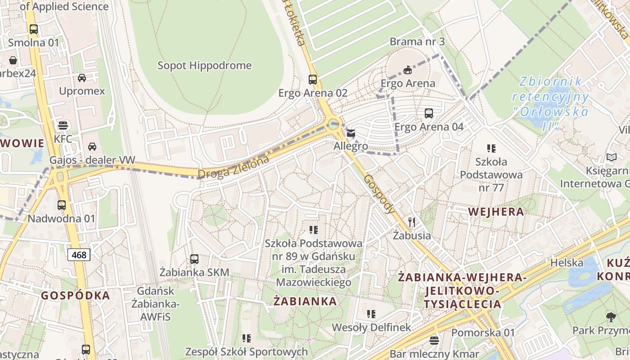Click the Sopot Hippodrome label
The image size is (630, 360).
pyautogui.click(x=204, y=66)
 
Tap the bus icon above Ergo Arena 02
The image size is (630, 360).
pyautogui.click(x=313, y=80)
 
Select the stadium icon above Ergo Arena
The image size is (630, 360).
pyautogui.click(x=408, y=70)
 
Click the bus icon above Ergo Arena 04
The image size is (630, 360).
pyautogui.click(x=429, y=113)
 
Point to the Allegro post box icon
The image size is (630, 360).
pyautogui.click(x=351, y=133)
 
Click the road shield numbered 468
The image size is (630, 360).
pyautogui.click(x=79, y=255)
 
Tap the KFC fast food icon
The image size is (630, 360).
pyautogui.click(x=63, y=125)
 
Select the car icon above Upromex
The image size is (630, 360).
pyautogui.click(x=82, y=78)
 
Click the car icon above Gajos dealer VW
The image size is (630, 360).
pyautogui.click(x=92, y=147)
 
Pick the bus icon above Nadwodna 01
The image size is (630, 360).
pyautogui.click(x=62, y=205)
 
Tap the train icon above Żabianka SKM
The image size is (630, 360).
pyautogui.click(x=194, y=259)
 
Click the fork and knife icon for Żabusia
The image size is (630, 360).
pyautogui.click(x=411, y=222)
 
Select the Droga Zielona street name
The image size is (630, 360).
pyautogui.click(x=234, y=167)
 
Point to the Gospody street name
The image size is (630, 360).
pyautogui.click(x=379, y=193)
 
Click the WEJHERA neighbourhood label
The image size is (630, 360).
pyautogui.click(x=496, y=211)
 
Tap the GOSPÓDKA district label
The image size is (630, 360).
pyautogui.click(x=76, y=296)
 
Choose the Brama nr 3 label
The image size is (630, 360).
pyautogui.click(x=417, y=42)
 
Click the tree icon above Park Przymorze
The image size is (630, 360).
pyautogui.click(x=611, y=317)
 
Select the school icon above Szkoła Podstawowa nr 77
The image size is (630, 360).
pyautogui.click(x=491, y=148)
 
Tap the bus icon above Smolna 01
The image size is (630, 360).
pyautogui.click(x=34, y=29)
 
